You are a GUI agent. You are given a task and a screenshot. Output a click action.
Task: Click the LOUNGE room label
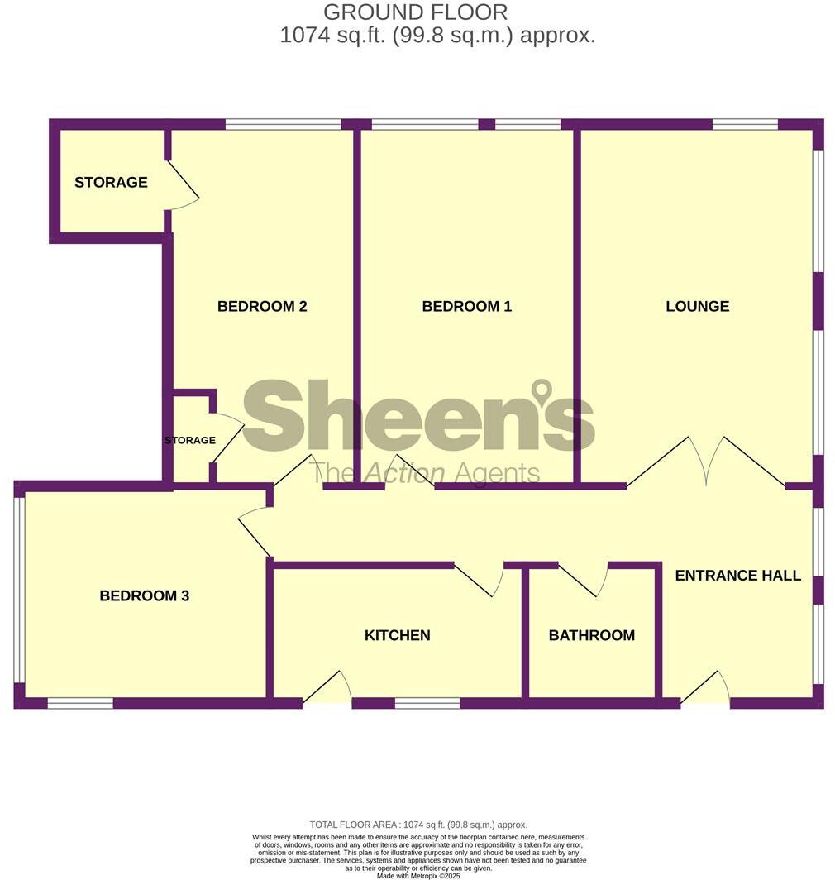click(697, 306)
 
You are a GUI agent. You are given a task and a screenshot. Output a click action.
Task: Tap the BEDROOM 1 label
click(466, 306)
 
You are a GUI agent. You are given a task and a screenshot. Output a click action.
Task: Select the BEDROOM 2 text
click(262, 306)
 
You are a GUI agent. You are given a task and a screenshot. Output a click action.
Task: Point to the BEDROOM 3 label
click(145, 595)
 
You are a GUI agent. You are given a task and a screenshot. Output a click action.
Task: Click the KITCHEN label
click(397, 635)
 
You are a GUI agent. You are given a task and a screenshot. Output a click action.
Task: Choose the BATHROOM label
click(592, 635)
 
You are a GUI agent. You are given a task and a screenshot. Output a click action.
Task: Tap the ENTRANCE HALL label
click(737, 576)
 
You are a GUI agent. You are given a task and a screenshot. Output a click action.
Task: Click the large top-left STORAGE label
click(111, 182)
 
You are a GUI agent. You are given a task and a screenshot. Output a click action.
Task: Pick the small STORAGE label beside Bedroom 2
click(190, 440)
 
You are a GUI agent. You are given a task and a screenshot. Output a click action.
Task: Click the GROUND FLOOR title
click(415, 12)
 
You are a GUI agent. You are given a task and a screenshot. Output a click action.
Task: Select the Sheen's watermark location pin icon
click(542, 391)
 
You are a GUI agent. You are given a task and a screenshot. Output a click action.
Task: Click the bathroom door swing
click(583, 579)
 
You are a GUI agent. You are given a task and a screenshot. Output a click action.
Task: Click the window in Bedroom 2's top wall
click(283, 125)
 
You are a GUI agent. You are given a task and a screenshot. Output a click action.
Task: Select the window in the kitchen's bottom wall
click(427, 704)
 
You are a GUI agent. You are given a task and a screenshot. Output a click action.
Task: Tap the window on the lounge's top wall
click(744, 125)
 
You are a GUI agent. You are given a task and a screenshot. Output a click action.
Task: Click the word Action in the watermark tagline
click(405, 473)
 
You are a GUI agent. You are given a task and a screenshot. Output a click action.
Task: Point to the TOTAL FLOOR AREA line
click(417, 825)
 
